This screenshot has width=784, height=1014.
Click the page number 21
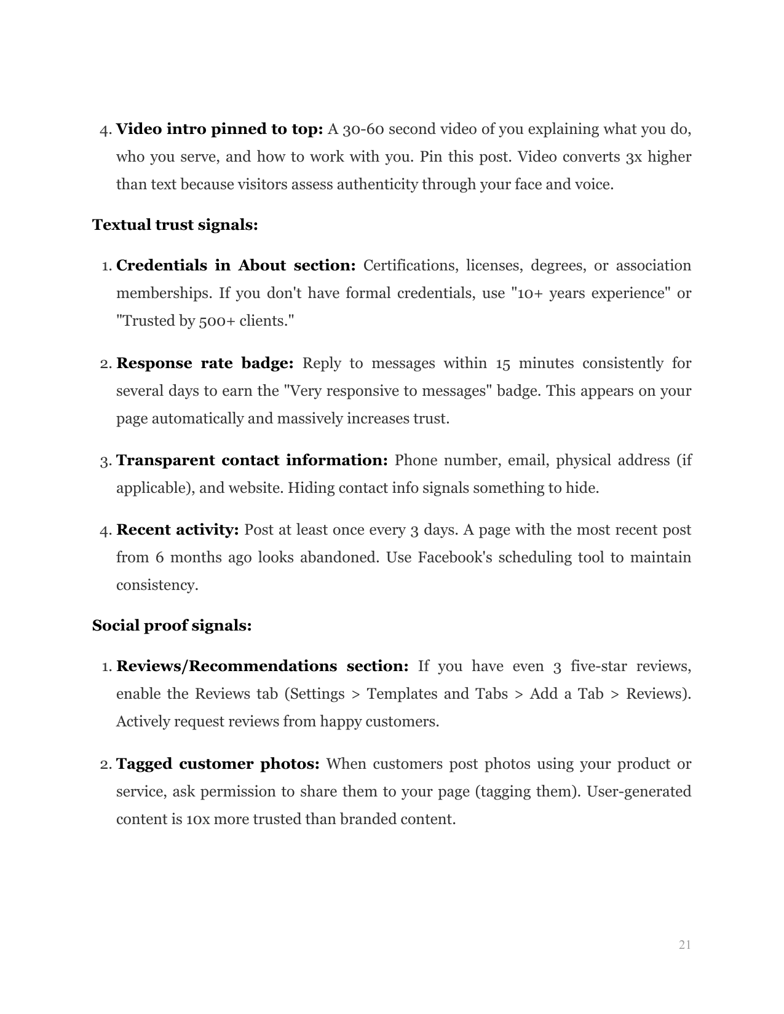coord(685,945)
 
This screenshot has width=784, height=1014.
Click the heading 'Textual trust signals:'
coord(175,225)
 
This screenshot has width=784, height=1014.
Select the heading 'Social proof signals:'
coord(172,626)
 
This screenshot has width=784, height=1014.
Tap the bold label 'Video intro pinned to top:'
coord(220,130)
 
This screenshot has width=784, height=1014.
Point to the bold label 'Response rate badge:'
coord(205,364)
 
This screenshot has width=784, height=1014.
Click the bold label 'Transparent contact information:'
coord(251,461)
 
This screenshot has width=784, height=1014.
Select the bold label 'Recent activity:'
coord(177,530)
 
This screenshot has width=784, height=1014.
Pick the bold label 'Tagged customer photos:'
coord(218,764)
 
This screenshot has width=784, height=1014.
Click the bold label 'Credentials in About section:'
coord(236,266)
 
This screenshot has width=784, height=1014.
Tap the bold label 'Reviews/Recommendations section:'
coord(263,667)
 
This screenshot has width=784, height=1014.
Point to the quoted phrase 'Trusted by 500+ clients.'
coord(205,321)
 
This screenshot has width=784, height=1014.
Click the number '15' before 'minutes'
coord(502,364)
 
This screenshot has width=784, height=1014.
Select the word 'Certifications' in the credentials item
coord(411,266)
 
